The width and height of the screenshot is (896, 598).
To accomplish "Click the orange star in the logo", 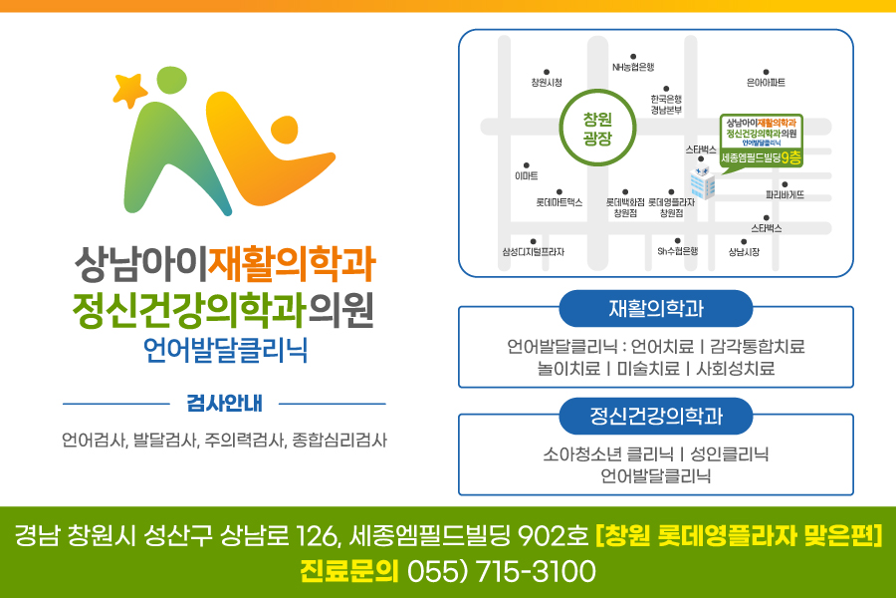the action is pyautogui.click(x=129, y=90).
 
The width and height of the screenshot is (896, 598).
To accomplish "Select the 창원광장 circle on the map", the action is pyautogui.click(x=597, y=128).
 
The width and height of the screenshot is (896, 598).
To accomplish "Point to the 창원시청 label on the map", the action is pyautogui.click(x=547, y=83).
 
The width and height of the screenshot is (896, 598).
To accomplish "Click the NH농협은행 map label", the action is pyautogui.click(x=633, y=67).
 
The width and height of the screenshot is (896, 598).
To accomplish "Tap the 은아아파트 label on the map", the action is pyautogui.click(x=766, y=83).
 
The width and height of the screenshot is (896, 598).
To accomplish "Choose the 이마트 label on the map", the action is pyautogui.click(x=527, y=176).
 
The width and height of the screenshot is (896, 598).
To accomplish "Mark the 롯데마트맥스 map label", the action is pyautogui.click(x=559, y=202).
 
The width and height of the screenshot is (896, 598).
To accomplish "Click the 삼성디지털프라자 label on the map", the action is pyautogui.click(x=534, y=252).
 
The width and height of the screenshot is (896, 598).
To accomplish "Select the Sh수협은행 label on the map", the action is pyautogui.click(x=678, y=251).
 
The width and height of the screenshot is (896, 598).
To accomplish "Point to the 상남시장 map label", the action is pyautogui.click(x=744, y=252).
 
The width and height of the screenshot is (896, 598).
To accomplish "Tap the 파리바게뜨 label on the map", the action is pyautogui.click(x=784, y=195).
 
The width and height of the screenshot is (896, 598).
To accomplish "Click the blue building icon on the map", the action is pyautogui.click(x=702, y=182).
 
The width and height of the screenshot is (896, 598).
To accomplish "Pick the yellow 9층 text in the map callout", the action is pyautogui.click(x=790, y=157).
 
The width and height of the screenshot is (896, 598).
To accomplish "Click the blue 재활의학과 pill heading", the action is pyautogui.click(x=656, y=309).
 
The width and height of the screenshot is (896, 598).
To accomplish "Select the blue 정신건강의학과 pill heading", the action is pyautogui.click(x=656, y=416).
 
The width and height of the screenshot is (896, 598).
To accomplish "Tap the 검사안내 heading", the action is pyautogui.click(x=225, y=404).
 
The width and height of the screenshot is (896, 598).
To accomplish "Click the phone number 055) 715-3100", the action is pyautogui.click(x=501, y=571).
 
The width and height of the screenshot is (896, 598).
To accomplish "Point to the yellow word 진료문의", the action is pyautogui.click(x=349, y=571).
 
